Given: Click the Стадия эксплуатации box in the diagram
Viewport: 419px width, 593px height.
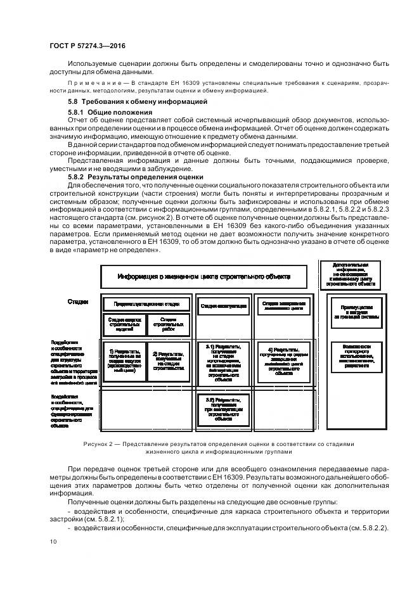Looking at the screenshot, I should tap(223, 305).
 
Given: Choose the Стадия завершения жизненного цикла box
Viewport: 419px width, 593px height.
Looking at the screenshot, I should tap(284, 305).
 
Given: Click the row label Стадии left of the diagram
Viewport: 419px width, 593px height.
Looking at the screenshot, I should tap(78, 302).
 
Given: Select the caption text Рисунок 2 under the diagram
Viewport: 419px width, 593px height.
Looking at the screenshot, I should tap(101, 443).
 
